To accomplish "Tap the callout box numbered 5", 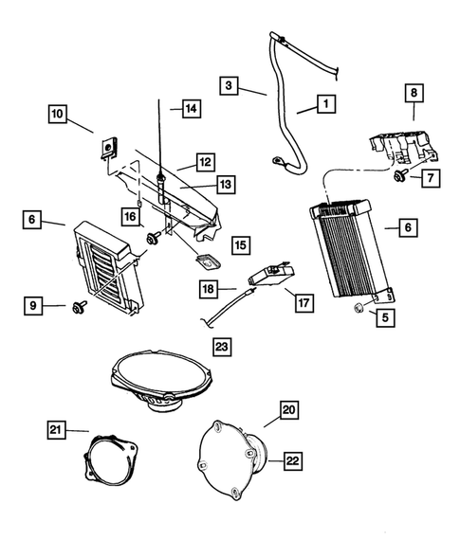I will point(385,318).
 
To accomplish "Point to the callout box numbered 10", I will point(59,115).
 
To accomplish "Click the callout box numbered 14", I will point(191,109).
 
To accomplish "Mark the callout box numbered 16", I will point(130,218).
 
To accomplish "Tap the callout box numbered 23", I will point(222,346).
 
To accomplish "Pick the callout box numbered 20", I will point(288,410).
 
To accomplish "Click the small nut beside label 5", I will point(360,309).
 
